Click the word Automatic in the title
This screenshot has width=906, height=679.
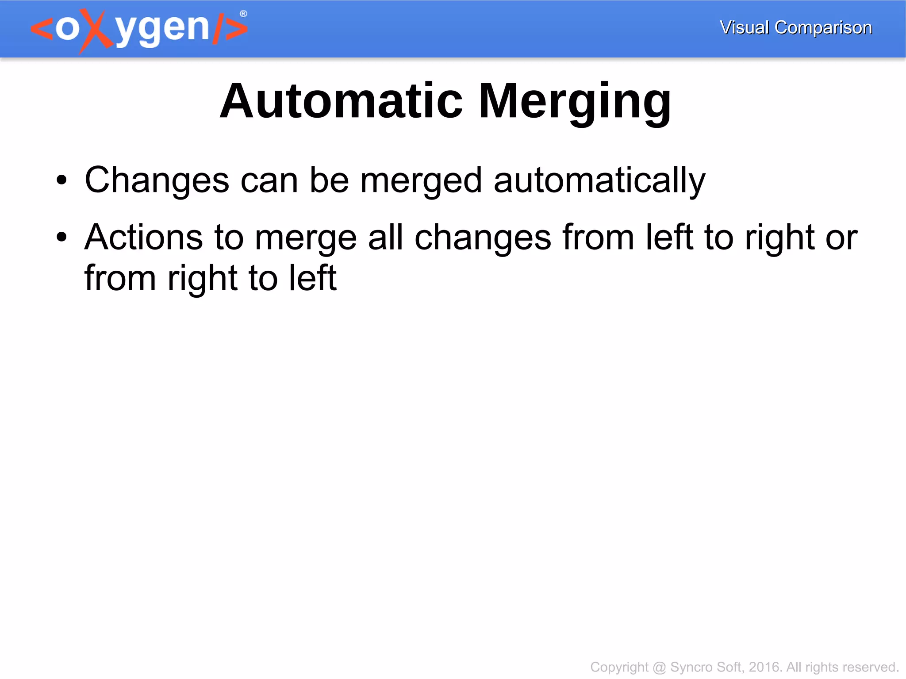pyautogui.click(x=341, y=102)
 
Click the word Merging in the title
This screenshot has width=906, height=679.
pyautogui.click(x=575, y=103)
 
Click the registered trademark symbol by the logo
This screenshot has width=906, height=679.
pyautogui.click(x=243, y=14)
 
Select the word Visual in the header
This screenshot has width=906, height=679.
pyautogui.click(x=744, y=27)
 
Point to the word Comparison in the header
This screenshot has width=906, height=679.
pyautogui.click(x=823, y=28)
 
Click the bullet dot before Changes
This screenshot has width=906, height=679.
pyautogui.click(x=61, y=180)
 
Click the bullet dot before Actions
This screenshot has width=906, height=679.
pyautogui.click(x=61, y=238)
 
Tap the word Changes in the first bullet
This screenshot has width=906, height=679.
pyautogui.click(x=157, y=180)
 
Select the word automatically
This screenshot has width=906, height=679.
pyautogui.click(x=599, y=180)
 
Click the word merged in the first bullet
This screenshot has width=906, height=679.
pyautogui.click(x=421, y=180)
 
